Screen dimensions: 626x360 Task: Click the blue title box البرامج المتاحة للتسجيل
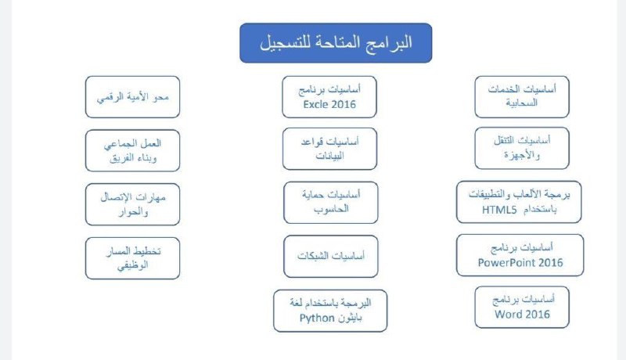click(336, 43)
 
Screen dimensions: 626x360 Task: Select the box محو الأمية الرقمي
click(132, 97)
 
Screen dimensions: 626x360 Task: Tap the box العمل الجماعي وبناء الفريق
click(132, 150)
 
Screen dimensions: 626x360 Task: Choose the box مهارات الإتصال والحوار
click(132, 204)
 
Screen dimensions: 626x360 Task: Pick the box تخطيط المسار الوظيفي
click(132, 258)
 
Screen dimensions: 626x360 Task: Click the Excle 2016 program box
click(329, 97)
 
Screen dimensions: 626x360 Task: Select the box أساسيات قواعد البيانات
click(329, 149)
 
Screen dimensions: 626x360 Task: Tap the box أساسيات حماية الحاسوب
click(331, 203)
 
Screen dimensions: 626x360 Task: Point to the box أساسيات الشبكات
click(331, 256)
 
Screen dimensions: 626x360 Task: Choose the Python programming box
click(330, 311)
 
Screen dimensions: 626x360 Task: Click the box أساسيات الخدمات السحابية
click(522, 97)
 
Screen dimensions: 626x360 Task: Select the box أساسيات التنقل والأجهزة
click(522, 149)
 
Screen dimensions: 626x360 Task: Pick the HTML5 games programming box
click(519, 202)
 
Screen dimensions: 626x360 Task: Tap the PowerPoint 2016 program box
click(520, 255)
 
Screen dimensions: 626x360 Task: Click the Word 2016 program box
click(522, 308)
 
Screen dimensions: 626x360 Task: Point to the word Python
click(317, 318)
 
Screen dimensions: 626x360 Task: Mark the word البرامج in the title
click(392, 42)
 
